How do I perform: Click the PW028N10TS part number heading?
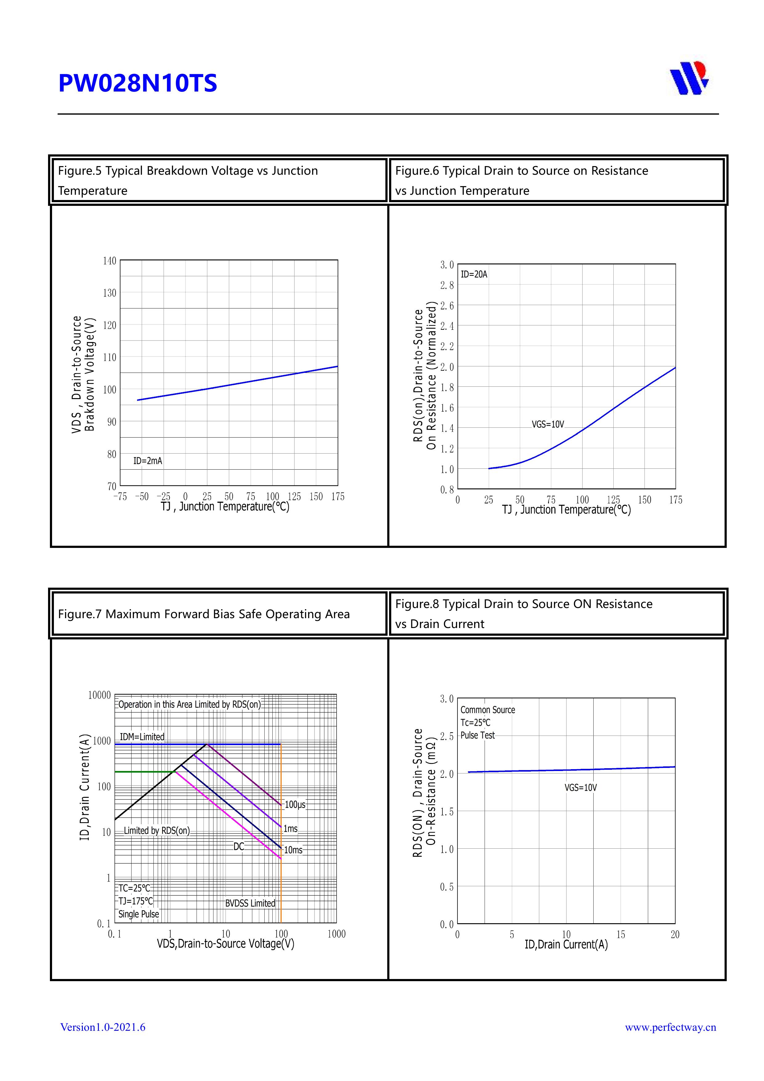(x=137, y=83)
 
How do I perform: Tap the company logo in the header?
(x=689, y=78)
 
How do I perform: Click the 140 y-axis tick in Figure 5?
(x=109, y=261)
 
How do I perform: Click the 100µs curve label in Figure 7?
(x=295, y=804)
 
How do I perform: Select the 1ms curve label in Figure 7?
(x=291, y=829)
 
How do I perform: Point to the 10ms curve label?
(x=293, y=850)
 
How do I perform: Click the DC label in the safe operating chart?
(x=239, y=846)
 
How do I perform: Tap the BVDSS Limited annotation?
(x=250, y=903)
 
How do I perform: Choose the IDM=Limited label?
(x=142, y=737)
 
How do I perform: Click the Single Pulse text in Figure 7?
(x=138, y=914)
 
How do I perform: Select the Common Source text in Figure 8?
(x=487, y=710)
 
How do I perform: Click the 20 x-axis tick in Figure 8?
(x=675, y=935)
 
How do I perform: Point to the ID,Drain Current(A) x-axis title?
(x=566, y=944)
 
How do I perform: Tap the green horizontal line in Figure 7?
(x=144, y=772)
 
